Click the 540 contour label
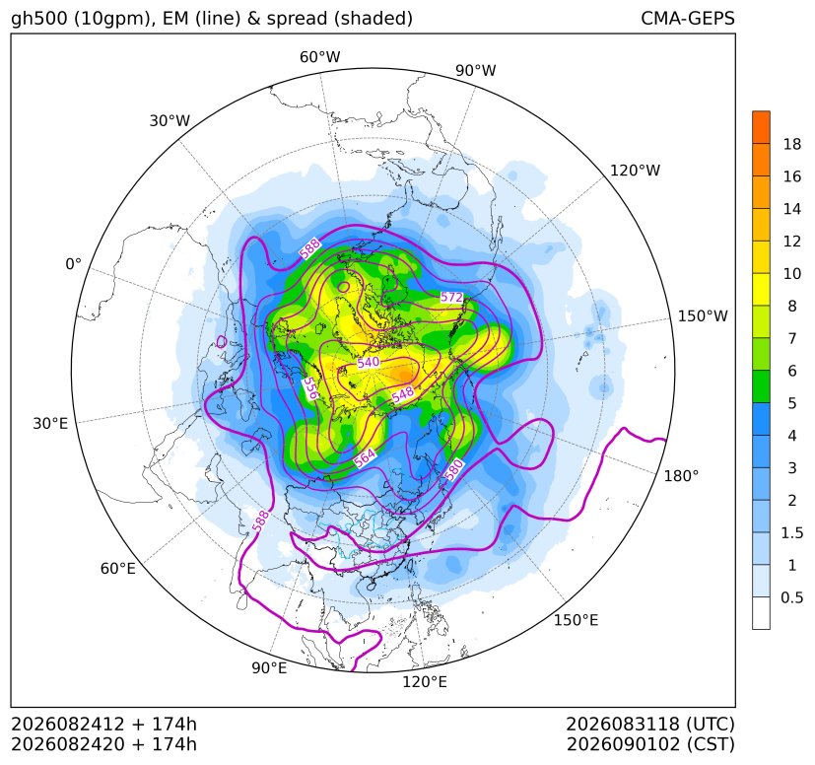(369, 362)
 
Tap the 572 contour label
(451, 298)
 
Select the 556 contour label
(310, 388)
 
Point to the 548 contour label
(403, 393)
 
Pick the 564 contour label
(365, 457)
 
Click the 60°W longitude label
(319, 57)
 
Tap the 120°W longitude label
(635, 171)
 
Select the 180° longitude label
(681, 476)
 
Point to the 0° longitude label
(73, 264)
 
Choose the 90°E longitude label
(269, 668)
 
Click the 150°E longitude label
(576, 620)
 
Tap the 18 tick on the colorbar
(792, 144)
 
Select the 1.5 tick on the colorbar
(792, 532)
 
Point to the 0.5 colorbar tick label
(792, 597)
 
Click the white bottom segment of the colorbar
(761, 613)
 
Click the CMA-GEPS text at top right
(688, 18)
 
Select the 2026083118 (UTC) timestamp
(650, 724)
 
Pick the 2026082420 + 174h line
(103, 744)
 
